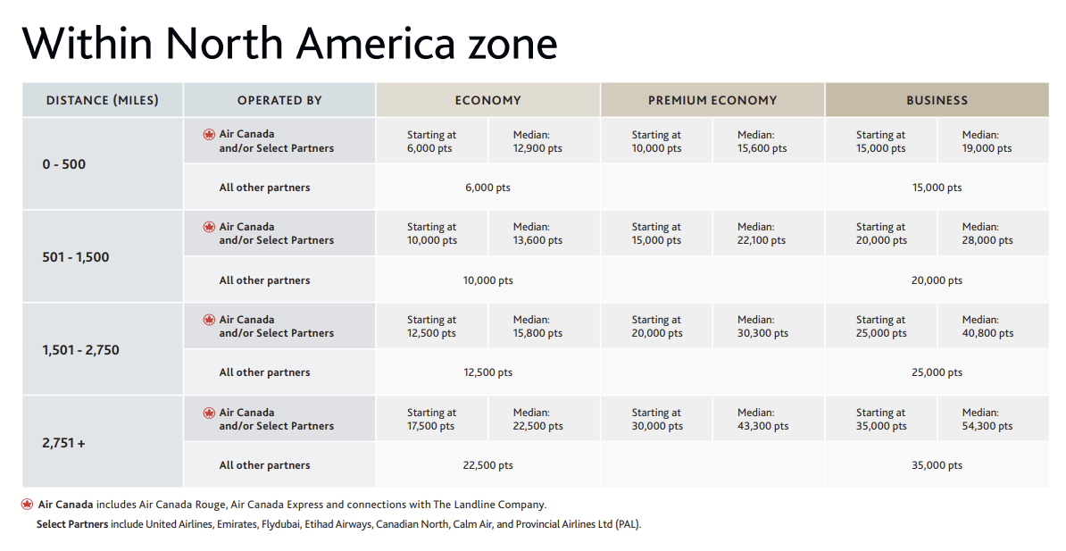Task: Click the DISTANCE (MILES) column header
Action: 102,100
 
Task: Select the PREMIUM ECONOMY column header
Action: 712,100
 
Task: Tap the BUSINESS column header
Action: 937,100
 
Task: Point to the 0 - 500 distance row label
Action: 64,164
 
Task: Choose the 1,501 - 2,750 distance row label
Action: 80,350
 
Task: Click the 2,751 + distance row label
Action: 64,443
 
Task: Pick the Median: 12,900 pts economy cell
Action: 537,141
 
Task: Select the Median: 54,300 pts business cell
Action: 987,419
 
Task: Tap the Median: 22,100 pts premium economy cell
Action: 762,233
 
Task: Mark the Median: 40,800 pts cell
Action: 987,327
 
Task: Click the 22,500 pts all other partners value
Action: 487,465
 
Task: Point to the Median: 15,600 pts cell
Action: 762,141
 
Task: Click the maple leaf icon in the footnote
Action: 27,505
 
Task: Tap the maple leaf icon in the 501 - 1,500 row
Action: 210,227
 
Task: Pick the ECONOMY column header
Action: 487,100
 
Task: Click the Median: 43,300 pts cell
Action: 762,419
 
